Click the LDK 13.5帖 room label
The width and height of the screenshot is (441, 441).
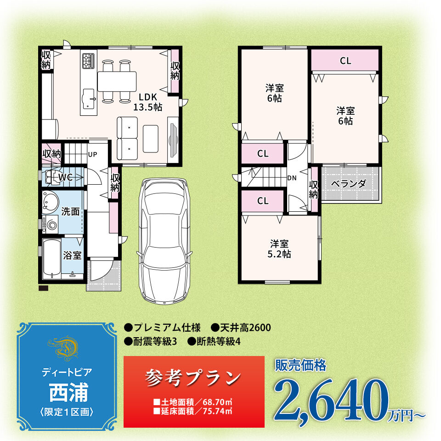(147, 102)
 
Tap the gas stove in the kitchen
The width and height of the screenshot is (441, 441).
(88, 61)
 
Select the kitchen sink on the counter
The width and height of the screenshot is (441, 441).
(88, 99)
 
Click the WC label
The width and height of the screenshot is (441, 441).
(66, 177)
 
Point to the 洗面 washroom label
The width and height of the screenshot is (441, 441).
(70, 211)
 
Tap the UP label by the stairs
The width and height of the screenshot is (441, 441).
(92, 154)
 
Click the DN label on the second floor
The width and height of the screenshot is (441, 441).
(292, 178)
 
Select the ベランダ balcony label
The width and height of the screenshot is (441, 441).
(349, 184)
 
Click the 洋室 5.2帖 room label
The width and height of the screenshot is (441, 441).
(279, 249)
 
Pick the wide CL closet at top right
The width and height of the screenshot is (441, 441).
(345, 60)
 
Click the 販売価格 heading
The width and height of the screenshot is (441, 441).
(300, 365)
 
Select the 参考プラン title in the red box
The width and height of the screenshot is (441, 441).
(193, 378)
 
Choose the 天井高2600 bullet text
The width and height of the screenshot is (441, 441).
(242, 328)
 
